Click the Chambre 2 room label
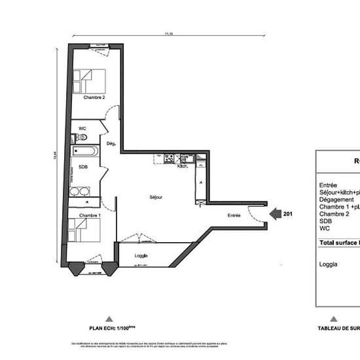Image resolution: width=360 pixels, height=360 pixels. (x=94, y=98)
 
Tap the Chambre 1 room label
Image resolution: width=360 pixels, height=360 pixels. (x=90, y=215)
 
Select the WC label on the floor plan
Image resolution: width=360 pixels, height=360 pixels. (x=82, y=128)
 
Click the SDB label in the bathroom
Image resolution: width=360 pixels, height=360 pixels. (x=83, y=167)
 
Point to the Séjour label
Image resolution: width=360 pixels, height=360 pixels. (x=156, y=197)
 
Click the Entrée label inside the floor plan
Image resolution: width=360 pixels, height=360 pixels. (x=234, y=215)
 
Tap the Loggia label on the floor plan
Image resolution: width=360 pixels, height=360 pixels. (x=141, y=255)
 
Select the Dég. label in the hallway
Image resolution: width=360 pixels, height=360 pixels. (x=111, y=143)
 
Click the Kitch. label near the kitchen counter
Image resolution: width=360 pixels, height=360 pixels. (x=183, y=166)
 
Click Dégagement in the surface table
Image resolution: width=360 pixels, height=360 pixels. (x=336, y=200)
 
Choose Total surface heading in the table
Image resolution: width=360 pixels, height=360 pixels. (x=339, y=242)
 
